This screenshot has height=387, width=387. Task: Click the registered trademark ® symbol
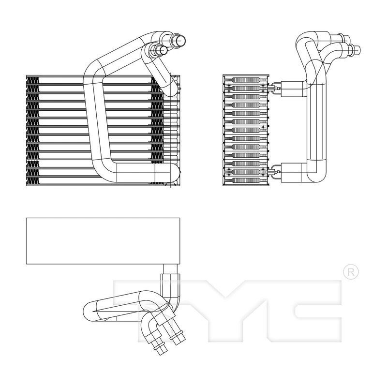[351, 272]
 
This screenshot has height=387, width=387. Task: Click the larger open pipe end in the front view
[180, 40]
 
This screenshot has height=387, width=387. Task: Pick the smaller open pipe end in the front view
[163, 50]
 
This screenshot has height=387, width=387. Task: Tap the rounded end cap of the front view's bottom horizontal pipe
[175, 173]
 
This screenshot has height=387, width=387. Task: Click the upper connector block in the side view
[293, 89]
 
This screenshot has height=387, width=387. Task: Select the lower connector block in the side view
[293, 173]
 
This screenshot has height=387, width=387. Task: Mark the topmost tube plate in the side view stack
[246, 80]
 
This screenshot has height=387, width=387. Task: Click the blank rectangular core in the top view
[103, 241]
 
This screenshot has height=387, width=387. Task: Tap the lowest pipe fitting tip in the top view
[161, 350]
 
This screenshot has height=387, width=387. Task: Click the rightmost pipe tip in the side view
[357, 49]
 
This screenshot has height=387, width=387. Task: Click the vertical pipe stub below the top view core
[170, 269]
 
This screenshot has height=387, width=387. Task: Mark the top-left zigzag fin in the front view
[33, 80]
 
